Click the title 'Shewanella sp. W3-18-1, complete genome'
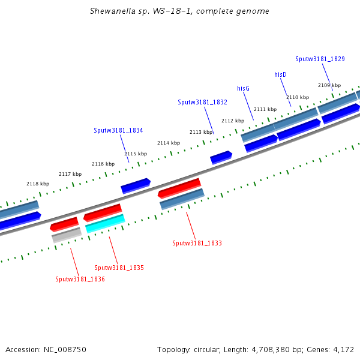[x=179, y=11]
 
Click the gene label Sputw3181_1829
[x=320, y=59]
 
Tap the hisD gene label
[x=280, y=74]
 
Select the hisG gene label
[x=243, y=88]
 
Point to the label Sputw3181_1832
[x=202, y=102]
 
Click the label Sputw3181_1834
[x=118, y=130]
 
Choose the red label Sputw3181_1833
[x=197, y=243]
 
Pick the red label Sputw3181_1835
[x=119, y=267]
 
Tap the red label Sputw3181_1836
[x=80, y=279]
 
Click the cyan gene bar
[x=105, y=223]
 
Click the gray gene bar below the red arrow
[x=66, y=235]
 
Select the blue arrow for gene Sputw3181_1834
[x=136, y=185]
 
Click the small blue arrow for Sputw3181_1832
[x=221, y=157]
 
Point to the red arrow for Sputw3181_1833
[x=179, y=187]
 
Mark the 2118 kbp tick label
[x=38, y=184]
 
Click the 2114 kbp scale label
[x=168, y=143]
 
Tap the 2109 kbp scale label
[x=329, y=85]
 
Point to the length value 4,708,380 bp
[x=283, y=349]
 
